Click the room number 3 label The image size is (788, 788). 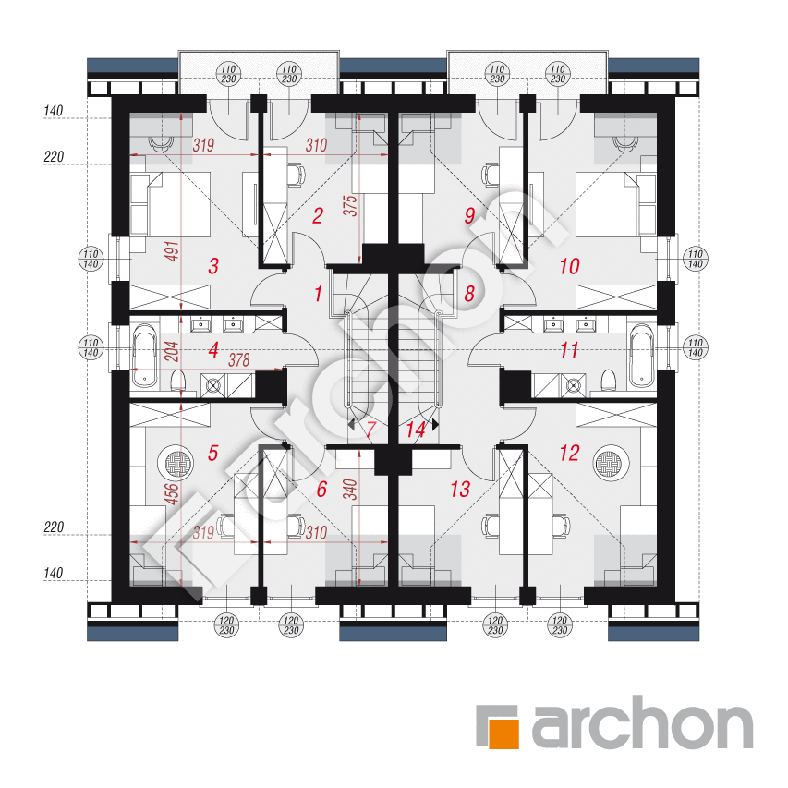point(213,266)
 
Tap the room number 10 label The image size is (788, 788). point(570,266)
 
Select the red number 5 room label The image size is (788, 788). point(213,453)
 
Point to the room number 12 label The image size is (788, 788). point(569,453)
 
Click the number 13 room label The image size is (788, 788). point(460,489)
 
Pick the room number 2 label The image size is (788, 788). point(318,215)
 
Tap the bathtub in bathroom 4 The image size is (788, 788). point(145,356)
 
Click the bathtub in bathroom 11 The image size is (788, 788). point(643,356)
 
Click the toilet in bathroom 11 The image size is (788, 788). point(609,381)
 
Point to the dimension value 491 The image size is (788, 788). point(172,251)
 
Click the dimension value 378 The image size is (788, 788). point(239,360)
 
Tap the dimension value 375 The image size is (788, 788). point(350,205)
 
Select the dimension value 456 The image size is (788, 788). point(172,493)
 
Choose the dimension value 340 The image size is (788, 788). point(350,490)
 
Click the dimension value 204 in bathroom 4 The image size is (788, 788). point(172,351)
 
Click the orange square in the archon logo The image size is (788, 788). point(503,733)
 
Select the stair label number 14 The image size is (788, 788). point(416,430)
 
